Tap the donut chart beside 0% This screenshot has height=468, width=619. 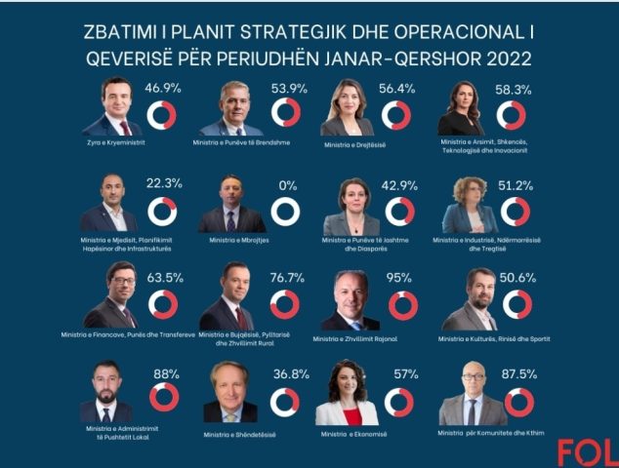click(285, 212)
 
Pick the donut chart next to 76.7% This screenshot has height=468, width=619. click(285, 304)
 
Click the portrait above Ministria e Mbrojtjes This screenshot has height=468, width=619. click(231, 207)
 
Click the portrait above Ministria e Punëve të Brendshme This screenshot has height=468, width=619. click(231, 109)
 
